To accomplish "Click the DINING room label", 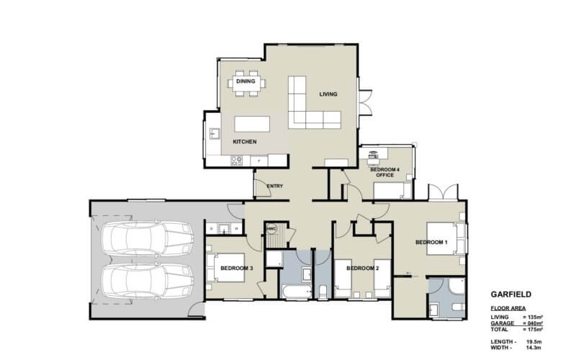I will pyautogui.click(x=246, y=81).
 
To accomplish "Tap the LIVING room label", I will pyautogui.click(x=328, y=94).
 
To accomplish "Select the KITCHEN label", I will pyautogui.click(x=245, y=142).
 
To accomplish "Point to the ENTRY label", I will pyautogui.click(x=274, y=186).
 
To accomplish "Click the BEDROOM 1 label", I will pyautogui.click(x=432, y=243).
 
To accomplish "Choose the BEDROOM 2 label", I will pyautogui.click(x=363, y=269).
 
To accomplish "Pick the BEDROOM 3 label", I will pyautogui.click(x=236, y=269).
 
